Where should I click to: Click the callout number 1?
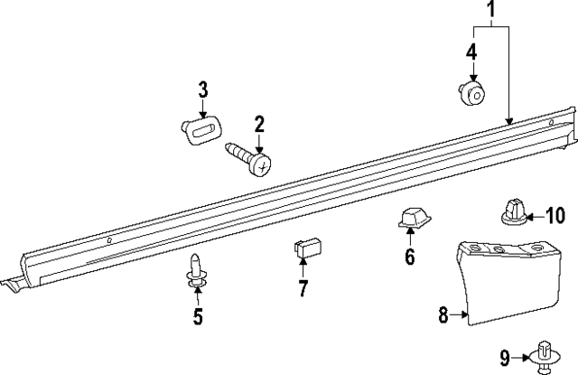pos(491,11)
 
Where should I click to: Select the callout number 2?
pos(258,123)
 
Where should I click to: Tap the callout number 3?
pos(203,89)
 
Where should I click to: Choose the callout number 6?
pos(409,258)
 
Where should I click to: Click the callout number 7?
pos(303,289)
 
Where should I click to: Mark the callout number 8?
pos(443,315)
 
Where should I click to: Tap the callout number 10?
pos(554,215)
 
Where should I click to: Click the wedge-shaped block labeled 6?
pos(411,219)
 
